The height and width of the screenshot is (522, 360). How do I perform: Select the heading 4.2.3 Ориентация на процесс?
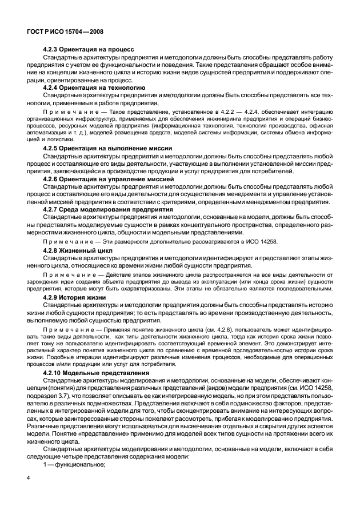[x=82, y=50]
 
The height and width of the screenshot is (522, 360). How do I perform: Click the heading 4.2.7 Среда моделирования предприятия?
[x=104, y=210]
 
